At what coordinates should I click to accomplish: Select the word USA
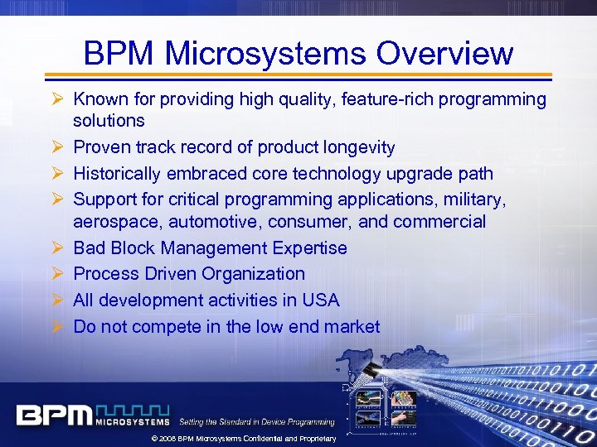point(322,300)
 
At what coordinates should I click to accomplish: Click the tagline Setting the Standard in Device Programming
point(257,422)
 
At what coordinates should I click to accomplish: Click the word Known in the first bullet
point(100,100)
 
